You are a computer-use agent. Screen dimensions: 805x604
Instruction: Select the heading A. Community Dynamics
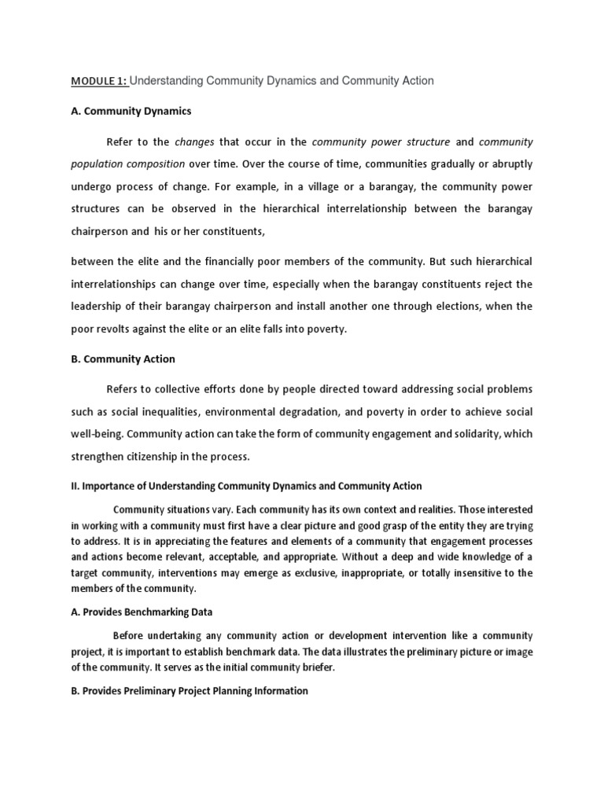(x=131, y=111)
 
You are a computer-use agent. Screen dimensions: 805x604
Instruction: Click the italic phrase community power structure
(x=381, y=142)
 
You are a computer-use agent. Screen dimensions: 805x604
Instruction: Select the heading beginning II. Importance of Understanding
(x=246, y=486)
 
